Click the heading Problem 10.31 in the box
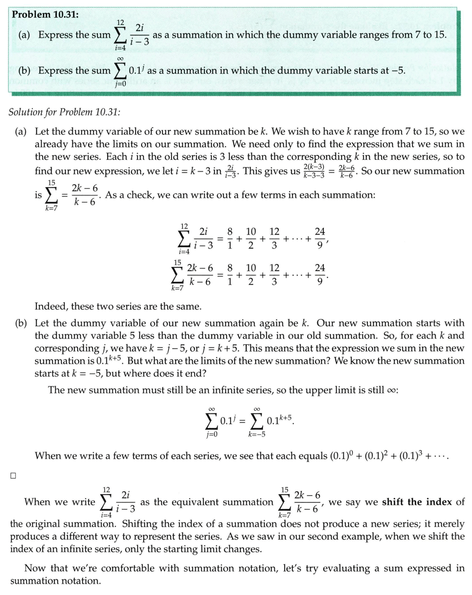(x=45, y=14)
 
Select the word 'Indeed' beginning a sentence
(x=51, y=307)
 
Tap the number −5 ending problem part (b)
(x=398, y=70)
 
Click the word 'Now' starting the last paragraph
(x=35, y=568)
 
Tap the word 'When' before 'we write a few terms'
(x=49, y=456)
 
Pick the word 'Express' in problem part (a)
(x=56, y=35)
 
